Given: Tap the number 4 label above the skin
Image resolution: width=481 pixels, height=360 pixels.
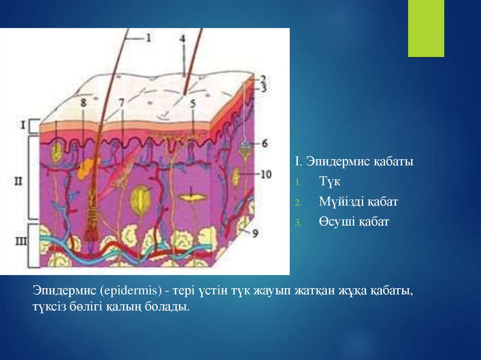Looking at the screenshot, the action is pyautogui.click(x=183, y=39).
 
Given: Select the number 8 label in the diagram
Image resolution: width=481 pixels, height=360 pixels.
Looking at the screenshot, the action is pyautogui.click(x=84, y=102).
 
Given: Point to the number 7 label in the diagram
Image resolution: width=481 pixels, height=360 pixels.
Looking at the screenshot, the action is pyautogui.click(x=122, y=103).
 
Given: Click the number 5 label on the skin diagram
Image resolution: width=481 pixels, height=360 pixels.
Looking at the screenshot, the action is pyautogui.click(x=193, y=104).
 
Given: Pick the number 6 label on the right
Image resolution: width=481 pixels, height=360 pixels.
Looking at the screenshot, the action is pyautogui.click(x=264, y=143).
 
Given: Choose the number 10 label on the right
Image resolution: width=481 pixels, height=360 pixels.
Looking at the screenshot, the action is pyautogui.click(x=266, y=174).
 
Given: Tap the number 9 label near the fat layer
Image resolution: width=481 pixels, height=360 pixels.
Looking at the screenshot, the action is pyautogui.click(x=255, y=234).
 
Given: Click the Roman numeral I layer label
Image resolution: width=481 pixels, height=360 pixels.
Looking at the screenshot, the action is pyautogui.click(x=23, y=125).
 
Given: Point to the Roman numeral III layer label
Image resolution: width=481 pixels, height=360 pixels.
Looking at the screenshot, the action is pyautogui.click(x=21, y=241).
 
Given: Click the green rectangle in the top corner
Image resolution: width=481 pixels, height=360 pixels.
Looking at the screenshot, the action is pyautogui.click(x=426, y=28).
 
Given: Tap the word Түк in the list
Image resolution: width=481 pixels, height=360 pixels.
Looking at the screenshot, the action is pyautogui.click(x=329, y=181).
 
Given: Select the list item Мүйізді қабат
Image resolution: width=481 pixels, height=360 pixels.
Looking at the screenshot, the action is pyautogui.click(x=358, y=202).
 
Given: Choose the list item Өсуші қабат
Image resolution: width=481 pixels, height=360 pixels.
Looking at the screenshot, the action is pyautogui.click(x=354, y=222).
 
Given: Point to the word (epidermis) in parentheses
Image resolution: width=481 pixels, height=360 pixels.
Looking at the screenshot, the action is pyautogui.click(x=131, y=291).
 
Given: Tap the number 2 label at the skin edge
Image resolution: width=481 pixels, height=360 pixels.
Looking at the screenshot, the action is pyautogui.click(x=263, y=79).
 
